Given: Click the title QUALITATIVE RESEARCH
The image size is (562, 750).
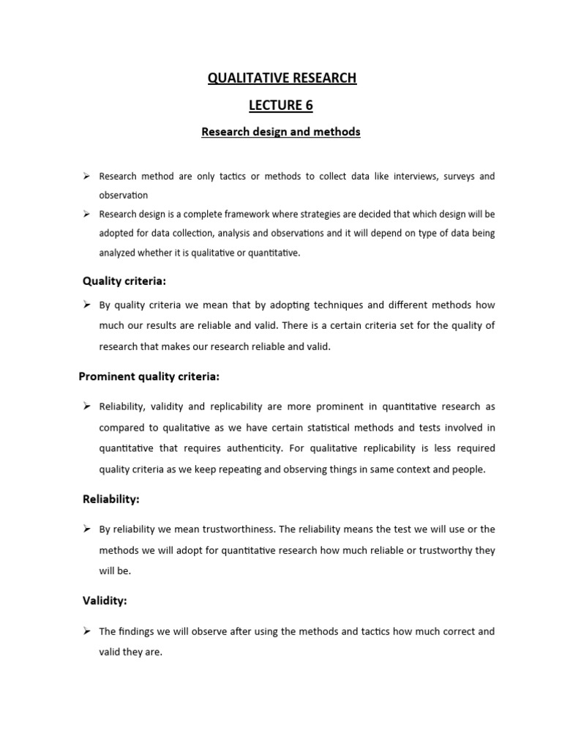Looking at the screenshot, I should coord(282,78).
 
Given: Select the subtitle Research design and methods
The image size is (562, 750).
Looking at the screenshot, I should coord(282,132).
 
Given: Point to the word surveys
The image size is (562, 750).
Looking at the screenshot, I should coord(451,177).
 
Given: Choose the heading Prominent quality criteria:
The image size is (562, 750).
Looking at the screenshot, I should coord(149,376).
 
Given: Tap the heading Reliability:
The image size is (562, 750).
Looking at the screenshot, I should coord(110,499).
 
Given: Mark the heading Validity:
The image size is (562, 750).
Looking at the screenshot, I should coord(105,601).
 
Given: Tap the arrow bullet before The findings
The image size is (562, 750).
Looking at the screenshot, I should coord(86,631).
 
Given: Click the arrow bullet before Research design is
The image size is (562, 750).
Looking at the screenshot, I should coord(86,215).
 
